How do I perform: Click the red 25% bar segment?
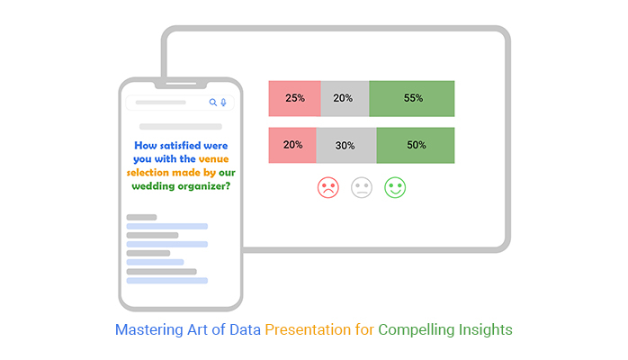(x=295, y=98)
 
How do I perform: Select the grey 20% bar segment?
(x=345, y=98)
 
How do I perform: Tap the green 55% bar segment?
(x=412, y=98)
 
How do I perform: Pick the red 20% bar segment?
(x=292, y=146)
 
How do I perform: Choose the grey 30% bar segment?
(x=346, y=146)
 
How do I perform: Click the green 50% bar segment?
(x=416, y=146)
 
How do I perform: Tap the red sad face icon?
(x=328, y=187)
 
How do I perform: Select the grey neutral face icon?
(x=362, y=187)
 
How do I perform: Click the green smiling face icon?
(x=395, y=187)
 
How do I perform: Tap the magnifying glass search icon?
(x=213, y=103)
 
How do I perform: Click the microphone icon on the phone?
(x=223, y=103)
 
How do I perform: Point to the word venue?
(x=214, y=159)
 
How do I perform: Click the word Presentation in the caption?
(x=308, y=329)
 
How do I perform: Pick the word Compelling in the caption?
(x=417, y=330)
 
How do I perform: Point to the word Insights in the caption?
(x=486, y=330)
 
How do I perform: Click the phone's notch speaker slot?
(x=181, y=84)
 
